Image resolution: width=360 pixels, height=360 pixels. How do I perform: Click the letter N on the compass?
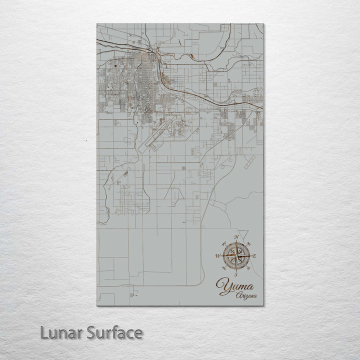(237, 236)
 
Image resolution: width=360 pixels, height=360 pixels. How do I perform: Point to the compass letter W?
(217, 256)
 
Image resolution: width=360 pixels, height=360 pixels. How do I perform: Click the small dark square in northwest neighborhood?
(115, 65)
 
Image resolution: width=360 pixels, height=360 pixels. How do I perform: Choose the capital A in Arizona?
(238, 296)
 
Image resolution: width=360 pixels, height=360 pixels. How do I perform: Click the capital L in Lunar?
(44, 333)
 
